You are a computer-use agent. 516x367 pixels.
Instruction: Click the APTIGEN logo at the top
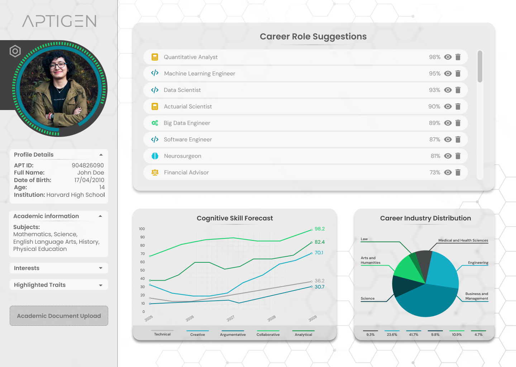point(59,21)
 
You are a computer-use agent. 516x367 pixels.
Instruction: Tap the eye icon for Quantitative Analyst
point(448,57)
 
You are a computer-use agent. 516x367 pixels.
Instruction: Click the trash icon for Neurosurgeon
point(458,156)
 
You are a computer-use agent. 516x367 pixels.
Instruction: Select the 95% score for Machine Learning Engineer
point(435,73)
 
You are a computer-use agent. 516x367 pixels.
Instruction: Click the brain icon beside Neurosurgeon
point(155,156)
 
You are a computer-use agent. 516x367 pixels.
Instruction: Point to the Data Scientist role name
point(182,90)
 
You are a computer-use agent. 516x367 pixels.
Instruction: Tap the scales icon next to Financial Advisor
point(155,172)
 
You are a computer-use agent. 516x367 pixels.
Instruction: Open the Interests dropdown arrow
point(101,268)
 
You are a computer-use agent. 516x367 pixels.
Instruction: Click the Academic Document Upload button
point(59,316)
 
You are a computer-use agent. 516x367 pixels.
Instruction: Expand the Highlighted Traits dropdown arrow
point(101,285)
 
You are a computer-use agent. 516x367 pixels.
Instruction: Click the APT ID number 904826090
point(88,165)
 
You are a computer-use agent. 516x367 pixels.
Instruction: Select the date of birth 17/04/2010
point(89,180)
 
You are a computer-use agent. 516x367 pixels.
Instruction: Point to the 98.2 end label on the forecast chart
point(320,229)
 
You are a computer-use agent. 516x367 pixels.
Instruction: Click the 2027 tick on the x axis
point(230,318)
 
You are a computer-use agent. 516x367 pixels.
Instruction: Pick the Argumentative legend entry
point(233,334)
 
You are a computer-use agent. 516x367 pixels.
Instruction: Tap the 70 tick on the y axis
point(143,254)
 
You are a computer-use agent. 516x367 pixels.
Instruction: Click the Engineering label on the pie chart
point(478,263)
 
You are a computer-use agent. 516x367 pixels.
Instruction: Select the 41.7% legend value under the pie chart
point(414,334)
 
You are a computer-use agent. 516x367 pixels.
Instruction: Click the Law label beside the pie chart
point(364,239)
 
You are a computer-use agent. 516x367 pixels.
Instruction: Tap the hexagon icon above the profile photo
point(15,51)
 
